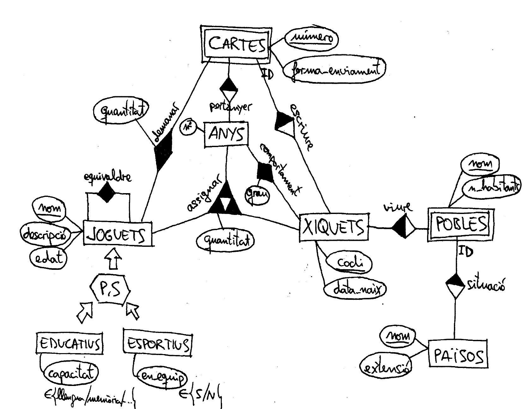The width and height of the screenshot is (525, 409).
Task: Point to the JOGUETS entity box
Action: tap(118, 234)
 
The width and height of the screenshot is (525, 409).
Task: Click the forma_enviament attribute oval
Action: tap(334, 70)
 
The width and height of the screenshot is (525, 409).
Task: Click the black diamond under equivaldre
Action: tap(106, 192)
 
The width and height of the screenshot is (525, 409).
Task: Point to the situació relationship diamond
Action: tap(455, 285)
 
